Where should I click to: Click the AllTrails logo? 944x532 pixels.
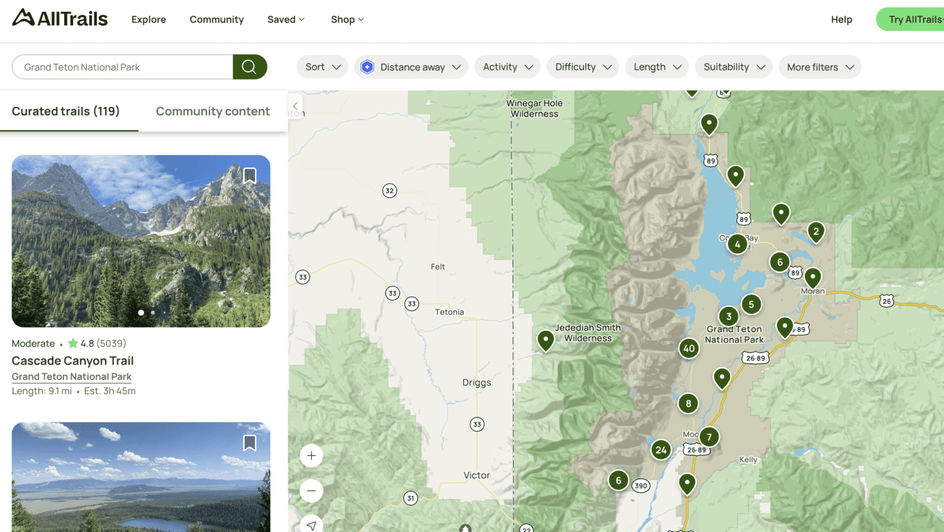(x=60, y=18)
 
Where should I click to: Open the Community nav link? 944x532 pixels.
(x=216, y=20)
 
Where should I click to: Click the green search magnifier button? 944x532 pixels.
(x=249, y=67)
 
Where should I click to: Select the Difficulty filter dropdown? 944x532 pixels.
(x=583, y=67)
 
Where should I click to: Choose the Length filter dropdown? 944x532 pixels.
(x=656, y=67)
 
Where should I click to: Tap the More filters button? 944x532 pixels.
(x=819, y=67)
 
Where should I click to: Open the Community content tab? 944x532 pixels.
(x=213, y=111)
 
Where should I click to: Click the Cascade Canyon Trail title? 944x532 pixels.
(x=73, y=361)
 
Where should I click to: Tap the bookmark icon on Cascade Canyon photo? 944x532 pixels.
(x=250, y=175)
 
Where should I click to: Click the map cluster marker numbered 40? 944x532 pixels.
(x=689, y=348)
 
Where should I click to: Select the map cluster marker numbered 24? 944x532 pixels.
(x=661, y=450)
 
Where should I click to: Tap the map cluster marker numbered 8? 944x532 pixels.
(x=688, y=404)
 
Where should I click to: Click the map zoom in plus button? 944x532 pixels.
(x=312, y=456)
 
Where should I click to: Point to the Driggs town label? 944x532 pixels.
(x=476, y=383)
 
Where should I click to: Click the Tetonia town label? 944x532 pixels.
(x=449, y=312)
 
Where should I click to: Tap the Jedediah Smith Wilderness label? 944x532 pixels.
(x=588, y=333)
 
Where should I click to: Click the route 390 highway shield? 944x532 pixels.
(x=641, y=485)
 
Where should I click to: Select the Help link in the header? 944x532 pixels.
(x=841, y=20)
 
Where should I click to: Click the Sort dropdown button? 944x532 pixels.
(x=322, y=67)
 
